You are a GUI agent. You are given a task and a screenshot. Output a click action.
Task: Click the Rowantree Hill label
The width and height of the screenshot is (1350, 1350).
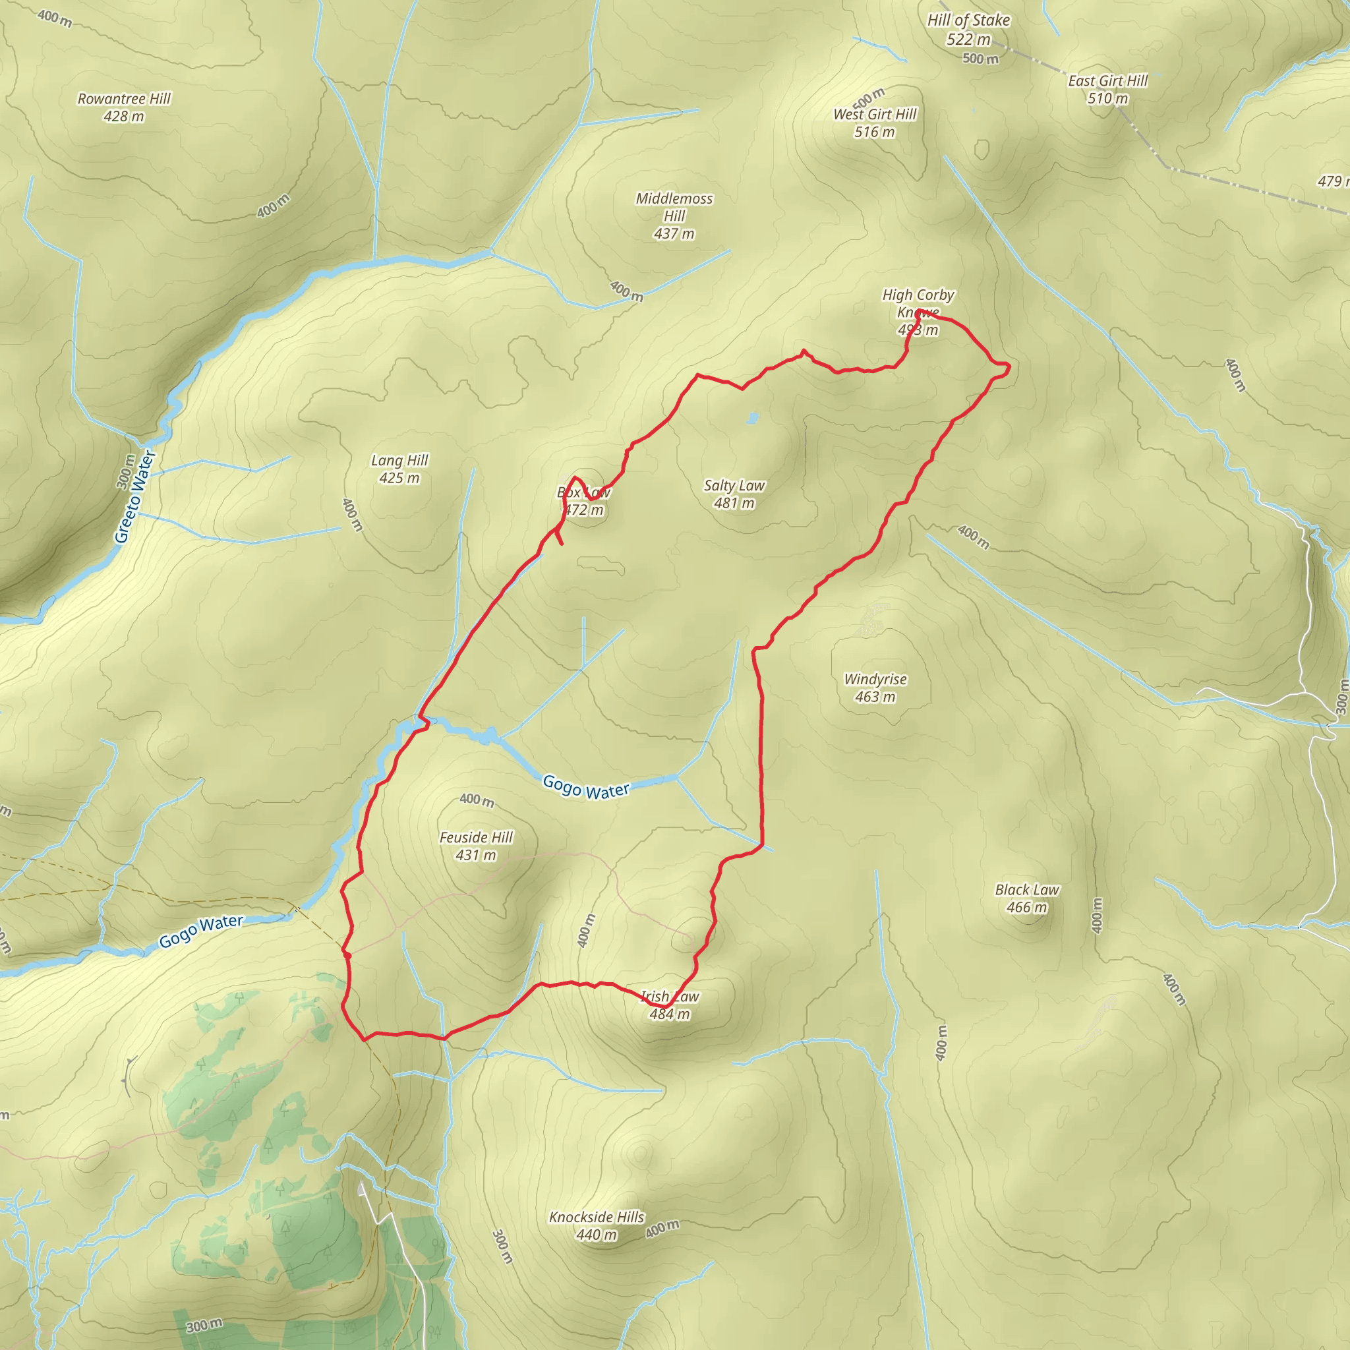tap(124, 107)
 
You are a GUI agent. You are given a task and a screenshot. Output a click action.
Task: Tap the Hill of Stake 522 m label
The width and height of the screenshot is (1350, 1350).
tap(968, 30)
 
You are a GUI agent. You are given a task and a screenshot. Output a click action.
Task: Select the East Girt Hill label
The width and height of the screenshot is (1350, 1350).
tap(1107, 90)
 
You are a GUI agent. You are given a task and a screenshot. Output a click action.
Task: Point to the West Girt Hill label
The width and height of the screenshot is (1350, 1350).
tap(874, 123)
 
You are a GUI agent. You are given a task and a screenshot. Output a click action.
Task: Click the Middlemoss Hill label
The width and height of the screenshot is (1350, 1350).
tap(674, 216)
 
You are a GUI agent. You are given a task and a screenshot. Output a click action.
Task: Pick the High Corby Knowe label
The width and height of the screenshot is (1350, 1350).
tap(918, 312)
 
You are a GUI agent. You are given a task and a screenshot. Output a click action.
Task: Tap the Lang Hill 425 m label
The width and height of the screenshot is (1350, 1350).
tap(399, 469)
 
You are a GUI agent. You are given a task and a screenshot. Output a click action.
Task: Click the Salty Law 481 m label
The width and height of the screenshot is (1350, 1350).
tap(734, 494)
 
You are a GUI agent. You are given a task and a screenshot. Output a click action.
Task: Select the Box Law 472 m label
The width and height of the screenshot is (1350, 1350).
tap(583, 501)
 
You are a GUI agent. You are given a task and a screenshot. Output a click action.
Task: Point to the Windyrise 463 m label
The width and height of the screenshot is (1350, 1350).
tap(875, 688)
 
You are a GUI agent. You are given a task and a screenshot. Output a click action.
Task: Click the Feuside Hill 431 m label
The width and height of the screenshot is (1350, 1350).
tap(476, 846)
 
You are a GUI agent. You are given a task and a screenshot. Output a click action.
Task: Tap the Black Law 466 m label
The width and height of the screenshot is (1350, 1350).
tap(1026, 898)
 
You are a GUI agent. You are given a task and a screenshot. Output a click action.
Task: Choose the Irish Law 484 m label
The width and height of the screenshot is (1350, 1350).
tap(670, 1005)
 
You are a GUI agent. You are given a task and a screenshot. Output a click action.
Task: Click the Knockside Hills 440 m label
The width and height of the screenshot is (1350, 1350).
tap(596, 1225)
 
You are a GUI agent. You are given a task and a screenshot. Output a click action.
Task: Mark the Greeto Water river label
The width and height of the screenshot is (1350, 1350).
tap(135, 498)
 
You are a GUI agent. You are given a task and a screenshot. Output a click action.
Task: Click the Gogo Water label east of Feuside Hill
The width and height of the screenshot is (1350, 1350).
tap(585, 788)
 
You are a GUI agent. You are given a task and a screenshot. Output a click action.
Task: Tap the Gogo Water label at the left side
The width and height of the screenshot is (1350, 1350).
tap(201, 931)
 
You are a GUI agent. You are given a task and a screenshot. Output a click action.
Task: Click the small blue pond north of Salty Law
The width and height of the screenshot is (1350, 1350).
tap(752, 418)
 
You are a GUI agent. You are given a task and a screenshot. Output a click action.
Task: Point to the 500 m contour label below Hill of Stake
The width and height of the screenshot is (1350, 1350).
tap(980, 59)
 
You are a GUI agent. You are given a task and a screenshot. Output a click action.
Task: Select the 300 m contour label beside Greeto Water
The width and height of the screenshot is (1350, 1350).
tap(126, 472)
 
